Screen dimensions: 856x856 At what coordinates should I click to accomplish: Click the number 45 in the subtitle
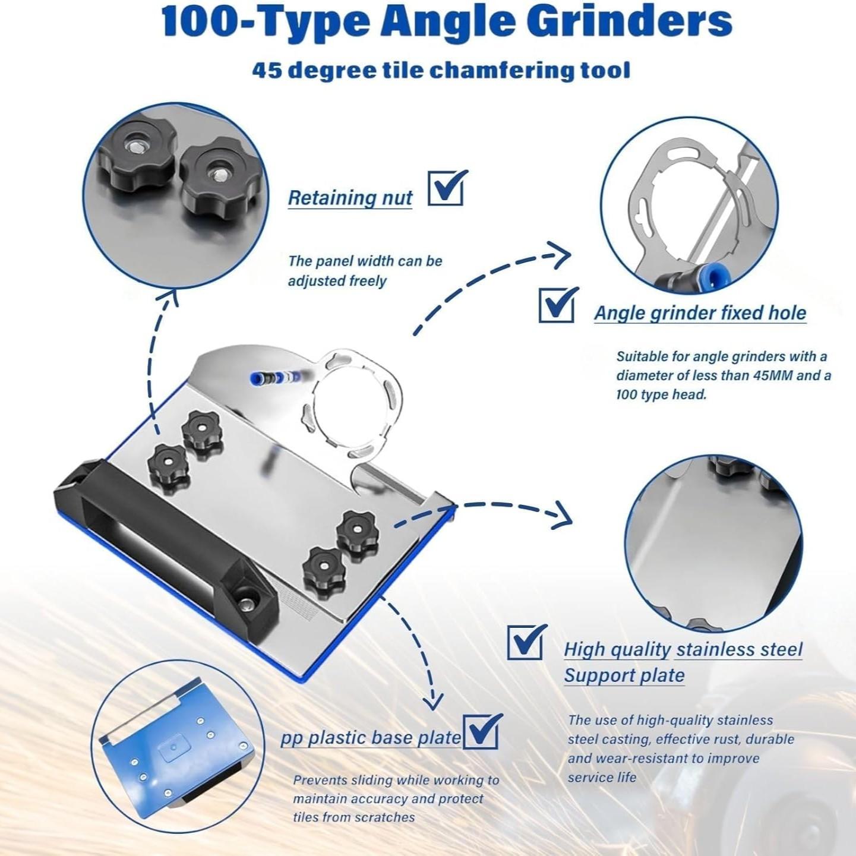click(x=266, y=70)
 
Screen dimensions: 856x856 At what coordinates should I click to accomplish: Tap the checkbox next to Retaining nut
click(x=446, y=188)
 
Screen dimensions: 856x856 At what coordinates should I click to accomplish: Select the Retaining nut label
click(x=350, y=198)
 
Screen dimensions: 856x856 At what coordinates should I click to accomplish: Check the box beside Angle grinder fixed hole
click(x=557, y=305)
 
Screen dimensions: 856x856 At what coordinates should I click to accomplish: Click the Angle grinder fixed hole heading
click(x=700, y=313)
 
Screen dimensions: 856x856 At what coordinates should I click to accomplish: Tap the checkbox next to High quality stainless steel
click(x=525, y=642)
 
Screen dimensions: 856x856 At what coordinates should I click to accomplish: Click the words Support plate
click(x=624, y=675)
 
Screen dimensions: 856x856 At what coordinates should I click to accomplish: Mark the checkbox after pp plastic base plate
click(x=481, y=731)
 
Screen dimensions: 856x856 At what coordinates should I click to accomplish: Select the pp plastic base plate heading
click(x=371, y=738)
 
